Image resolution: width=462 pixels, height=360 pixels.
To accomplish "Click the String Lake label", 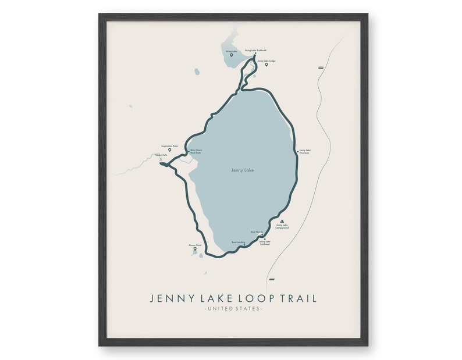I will click(x=231, y=51).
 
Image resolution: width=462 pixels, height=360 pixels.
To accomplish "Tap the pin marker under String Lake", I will click(x=231, y=55).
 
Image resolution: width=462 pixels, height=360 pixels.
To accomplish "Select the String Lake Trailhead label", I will click(x=255, y=51).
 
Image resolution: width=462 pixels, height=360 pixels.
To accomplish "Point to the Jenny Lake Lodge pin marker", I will click(x=266, y=65).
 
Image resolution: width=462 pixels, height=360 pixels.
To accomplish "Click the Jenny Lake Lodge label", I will click(x=266, y=60).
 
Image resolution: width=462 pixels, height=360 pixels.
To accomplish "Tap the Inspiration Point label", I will click(x=169, y=145).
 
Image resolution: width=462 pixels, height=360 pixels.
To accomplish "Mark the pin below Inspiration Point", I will click(x=169, y=149).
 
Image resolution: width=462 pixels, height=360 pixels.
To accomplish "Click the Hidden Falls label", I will click(x=161, y=155).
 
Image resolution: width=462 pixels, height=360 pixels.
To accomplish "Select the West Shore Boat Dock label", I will click(x=196, y=152).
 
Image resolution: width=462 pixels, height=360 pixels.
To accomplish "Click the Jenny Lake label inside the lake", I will click(x=242, y=170).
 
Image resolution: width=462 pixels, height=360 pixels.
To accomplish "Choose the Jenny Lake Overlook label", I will click(x=304, y=152).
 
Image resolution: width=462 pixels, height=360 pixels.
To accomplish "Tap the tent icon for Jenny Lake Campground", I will click(x=282, y=222).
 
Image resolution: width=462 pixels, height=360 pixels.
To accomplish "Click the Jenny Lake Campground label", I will click(x=282, y=227).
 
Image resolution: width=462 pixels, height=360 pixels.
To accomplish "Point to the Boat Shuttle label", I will click(x=257, y=232).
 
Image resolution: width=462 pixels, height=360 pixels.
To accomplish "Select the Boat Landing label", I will click(x=237, y=242).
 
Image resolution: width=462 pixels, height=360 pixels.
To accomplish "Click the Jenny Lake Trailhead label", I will click(x=264, y=242).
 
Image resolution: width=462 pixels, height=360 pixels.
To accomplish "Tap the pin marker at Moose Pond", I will click(x=195, y=249).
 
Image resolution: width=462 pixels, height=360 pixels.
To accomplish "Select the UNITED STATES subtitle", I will click(x=233, y=308).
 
